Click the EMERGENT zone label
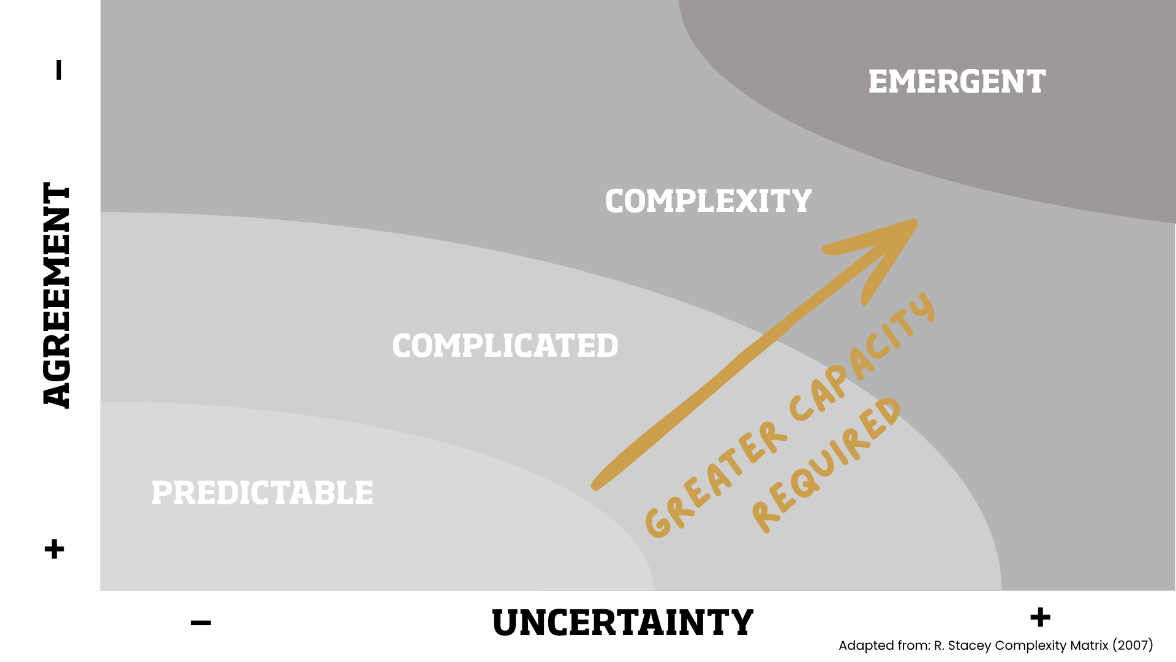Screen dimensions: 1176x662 (x=957, y=82)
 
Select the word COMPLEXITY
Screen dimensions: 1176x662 (x=708, y=201)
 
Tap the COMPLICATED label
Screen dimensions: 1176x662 (x=505, y=346)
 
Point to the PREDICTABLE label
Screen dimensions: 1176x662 (x=262, y=493)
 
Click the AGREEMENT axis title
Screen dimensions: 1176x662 (x=57, y=295)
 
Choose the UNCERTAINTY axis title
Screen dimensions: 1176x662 (x=622, y=623)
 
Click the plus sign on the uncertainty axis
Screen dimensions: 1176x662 (x=1040, y=617)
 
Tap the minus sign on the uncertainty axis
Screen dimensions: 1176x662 (x=201, y=623)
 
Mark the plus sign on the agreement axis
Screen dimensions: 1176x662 (x=55, y=549)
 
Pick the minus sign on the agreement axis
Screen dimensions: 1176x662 (x=59, y=70)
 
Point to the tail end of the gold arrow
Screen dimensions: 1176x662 (x=594, y=487)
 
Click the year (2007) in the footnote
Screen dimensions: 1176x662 (x=1133, y=645)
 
